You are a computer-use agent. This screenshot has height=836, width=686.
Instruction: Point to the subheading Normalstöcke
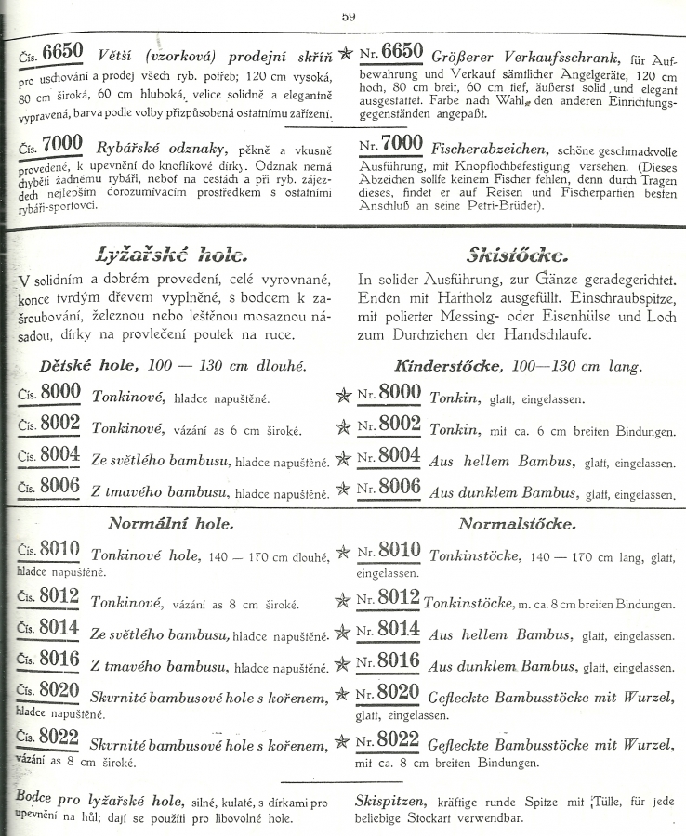point(517,524)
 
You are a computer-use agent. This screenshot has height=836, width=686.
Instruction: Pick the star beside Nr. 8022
point(343,742)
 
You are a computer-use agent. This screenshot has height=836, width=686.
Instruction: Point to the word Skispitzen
point(391,799)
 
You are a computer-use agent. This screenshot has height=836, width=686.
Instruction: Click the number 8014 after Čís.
point(59,630)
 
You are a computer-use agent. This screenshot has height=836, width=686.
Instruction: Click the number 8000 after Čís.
point(59,393)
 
